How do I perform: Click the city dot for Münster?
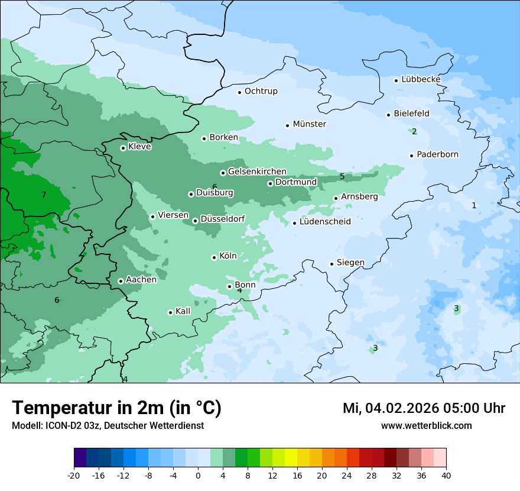coord(288,125)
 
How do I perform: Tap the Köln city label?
coord(227,256)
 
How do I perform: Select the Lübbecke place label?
coord(421,79)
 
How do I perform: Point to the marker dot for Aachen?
coord(121,281)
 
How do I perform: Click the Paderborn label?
coord(437,154)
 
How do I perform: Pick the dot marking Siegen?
coord(332,264)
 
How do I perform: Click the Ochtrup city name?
coord(261,91)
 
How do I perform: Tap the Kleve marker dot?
coord(123,148)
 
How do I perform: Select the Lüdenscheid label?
coord(325,222)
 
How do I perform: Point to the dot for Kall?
coord(170,312)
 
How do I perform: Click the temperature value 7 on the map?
coord(44,195)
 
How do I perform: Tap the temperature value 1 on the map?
coord(473,205)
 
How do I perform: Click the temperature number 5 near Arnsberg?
coord(342,176)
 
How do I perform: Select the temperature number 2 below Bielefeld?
coord(414,131)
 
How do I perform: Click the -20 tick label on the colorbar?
coord(74,476)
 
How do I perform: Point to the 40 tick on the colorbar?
coord(446,476)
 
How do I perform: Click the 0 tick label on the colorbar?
coord(198,476)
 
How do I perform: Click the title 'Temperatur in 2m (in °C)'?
coord(116,408)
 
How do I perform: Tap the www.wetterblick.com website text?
coord(426,425)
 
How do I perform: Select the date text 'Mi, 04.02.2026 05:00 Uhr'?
coord(424,408)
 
